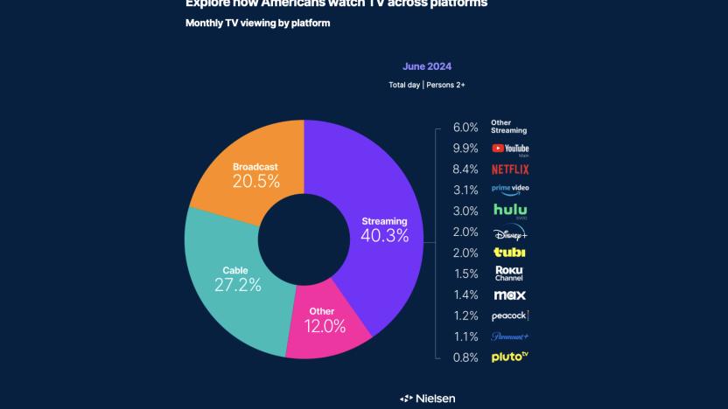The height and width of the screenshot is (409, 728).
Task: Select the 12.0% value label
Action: tap(324, 326)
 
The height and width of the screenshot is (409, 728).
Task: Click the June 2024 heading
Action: tap(427, 66)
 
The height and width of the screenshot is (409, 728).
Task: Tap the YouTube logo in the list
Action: tap(510, 149)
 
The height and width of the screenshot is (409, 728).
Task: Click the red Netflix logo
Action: tap(511, 170)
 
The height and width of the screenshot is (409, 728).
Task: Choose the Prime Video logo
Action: tap(511, 189)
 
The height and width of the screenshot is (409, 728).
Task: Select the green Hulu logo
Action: tap(510, 211)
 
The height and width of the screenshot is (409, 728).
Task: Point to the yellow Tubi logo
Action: tap(509, 253)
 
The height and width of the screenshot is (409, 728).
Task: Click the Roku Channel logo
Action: tap(509, 273)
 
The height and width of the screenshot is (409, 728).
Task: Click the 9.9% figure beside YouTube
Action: tap(465, 149)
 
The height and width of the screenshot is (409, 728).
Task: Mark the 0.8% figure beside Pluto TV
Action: tap(465, 357)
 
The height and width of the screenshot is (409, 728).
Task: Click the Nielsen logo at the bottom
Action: tap(428, 399)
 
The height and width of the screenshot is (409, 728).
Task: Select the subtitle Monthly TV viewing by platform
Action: tap(257, 23)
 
